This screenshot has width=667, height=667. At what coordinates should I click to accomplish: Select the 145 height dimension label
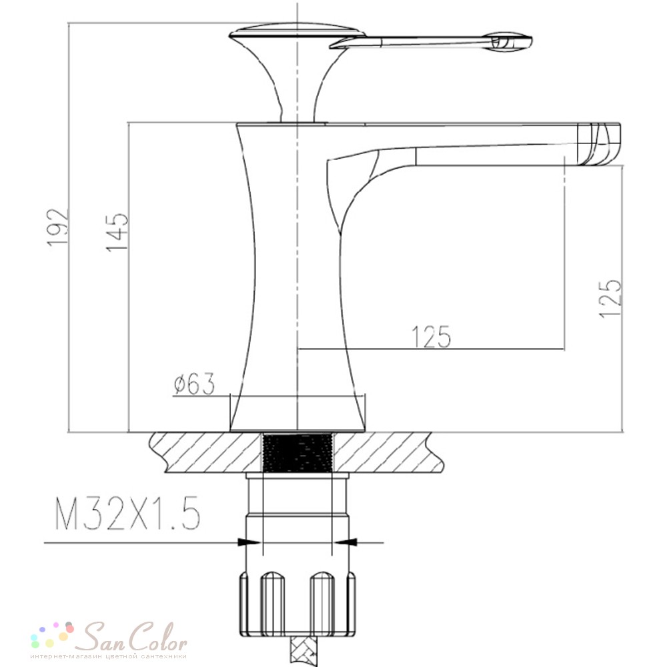(x=117, y=233)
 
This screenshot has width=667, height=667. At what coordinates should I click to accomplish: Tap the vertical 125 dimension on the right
(x=610, y=298)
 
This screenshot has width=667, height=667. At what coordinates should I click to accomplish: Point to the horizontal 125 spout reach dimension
(x=431, y=337)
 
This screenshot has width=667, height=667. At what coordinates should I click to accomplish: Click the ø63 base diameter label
(x=194, y=384)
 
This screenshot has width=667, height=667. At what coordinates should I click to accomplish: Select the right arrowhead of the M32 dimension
(x=345, y=542)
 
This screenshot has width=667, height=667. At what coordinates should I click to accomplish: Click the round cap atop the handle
(x=297, y=32)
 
